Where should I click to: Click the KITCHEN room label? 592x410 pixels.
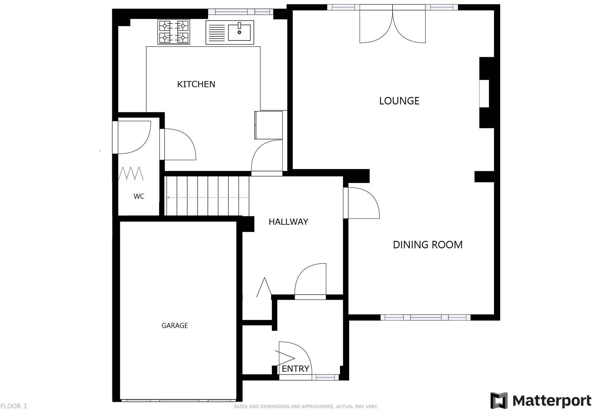click(x=196, y=84)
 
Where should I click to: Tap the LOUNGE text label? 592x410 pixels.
click(x=399, y=101)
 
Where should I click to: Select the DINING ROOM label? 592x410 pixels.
click(x=428, y=245)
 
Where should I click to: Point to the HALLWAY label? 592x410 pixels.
click(x=288, y=222)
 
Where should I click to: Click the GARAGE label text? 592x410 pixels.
click(x=175, y=326)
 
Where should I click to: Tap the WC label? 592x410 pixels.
click(x=139, y=196)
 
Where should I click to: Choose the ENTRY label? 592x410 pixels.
click(x=295, y=369)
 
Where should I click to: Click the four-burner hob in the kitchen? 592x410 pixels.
click(x=174, y=32)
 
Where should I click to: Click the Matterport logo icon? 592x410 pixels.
click(x=499, y=400)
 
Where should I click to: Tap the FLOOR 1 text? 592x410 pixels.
click(x=14, y=406)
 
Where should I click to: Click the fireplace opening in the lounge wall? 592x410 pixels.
click(x=484, y=94)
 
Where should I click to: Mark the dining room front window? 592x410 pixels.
click(x=425, y=317)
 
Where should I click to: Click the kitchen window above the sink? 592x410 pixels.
click(x=240, y=12)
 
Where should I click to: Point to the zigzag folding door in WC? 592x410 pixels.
click(x=131, y=174)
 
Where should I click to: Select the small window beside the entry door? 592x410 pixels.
click(x=325, y=377)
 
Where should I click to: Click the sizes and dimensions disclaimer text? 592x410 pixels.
click(x=306, y=407)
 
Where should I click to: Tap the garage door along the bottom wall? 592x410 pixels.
click(x=179, y=401)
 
